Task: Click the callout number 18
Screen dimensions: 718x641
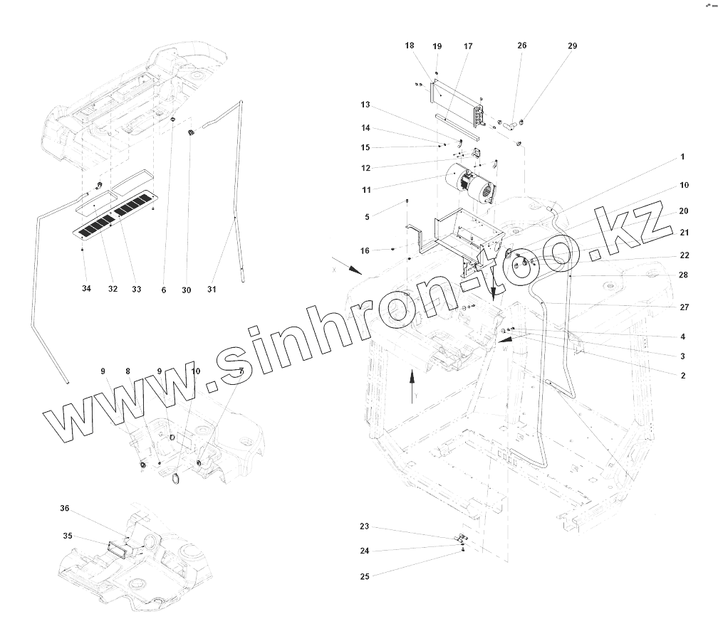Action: pyautogui.click(x=410, y=46)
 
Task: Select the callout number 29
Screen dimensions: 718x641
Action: pyautogui.click(x=573, y=46)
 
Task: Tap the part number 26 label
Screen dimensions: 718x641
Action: pyautogui.click(x=522, y=46)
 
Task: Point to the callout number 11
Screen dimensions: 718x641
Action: pyautogui.click(x=366, y=190)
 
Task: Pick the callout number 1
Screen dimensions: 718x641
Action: pyautogui.click(x=682, y=157)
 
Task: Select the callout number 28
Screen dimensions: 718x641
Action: pyautogui.click(x=683, y=275)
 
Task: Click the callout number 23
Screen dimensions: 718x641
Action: pyautogui.click(x=365, y=527)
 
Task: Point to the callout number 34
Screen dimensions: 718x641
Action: pyautogui.click(x=86, y=290)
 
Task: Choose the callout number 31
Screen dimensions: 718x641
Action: pyautogui.click(x=212, y=290)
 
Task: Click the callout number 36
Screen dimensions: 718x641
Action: pyautogui.click(x=65, y=509)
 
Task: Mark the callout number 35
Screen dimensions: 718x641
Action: pyautogui.click(x=68, y=536)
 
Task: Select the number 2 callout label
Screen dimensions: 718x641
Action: pyautogui.click(x=682, y=376)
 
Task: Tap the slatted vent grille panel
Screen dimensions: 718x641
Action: pyautogui.click(x=114, y=214)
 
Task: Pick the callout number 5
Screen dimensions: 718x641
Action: pyautogui.click(x=367, y=216)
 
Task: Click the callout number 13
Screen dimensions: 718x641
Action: pyautogui.click(x=365, y=105)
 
